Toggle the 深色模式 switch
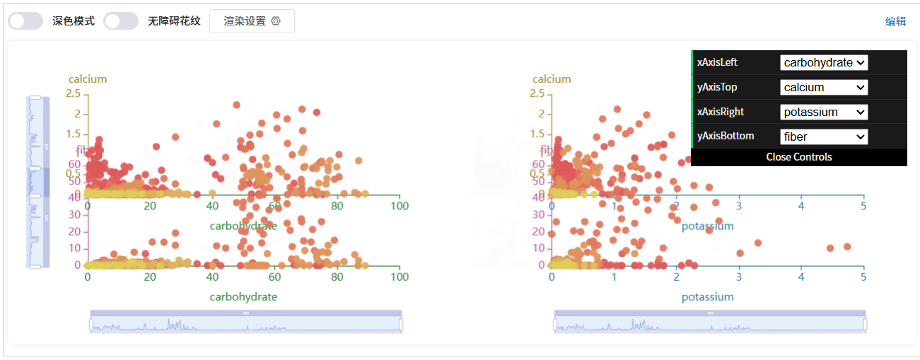tap(25, 21)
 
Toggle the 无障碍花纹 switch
tap(121, 21)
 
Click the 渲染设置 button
tap(252, 21)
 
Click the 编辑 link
tap(895, 21)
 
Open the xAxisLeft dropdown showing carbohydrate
tap(824, 63)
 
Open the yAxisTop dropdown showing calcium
tap(824, 88)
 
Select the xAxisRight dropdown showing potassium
tap(824, 112)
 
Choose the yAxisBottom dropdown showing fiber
tap(824, 137)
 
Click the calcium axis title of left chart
tap(88, 79)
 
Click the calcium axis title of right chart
tap(552, 79)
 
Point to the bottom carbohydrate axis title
tap(243, 297)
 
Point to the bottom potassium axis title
tap(707, 297)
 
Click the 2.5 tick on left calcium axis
tap(74, 93)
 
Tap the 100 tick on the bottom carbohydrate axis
tap(400, 277)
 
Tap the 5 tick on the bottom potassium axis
tap(863, 277)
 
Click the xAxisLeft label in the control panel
tap(717, 62)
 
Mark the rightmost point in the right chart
tap(847, 247)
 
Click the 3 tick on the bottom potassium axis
tap(739, 277)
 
